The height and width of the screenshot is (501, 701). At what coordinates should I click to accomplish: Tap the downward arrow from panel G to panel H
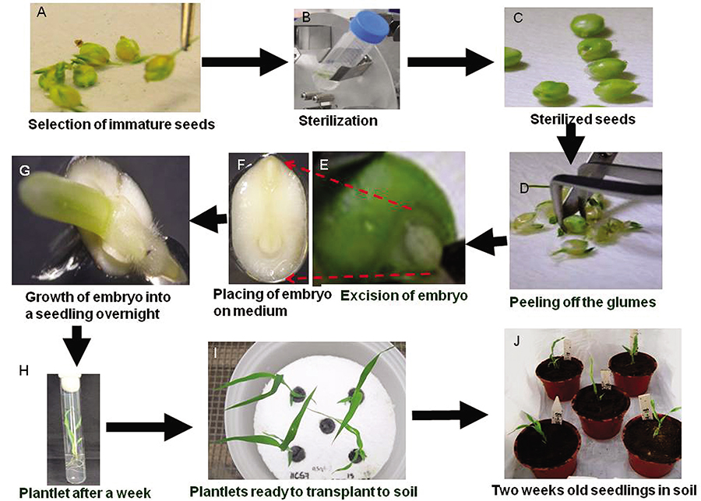[79, 342]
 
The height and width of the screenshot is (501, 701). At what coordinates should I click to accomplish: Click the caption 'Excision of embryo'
[389, 295]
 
